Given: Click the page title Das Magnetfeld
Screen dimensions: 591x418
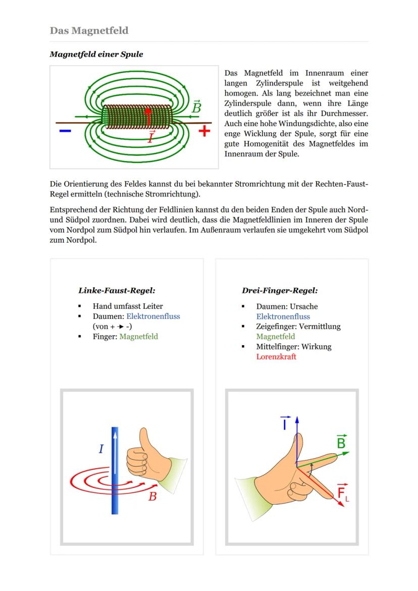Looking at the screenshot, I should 89,31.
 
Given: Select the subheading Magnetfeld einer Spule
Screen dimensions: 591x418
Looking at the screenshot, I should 96,55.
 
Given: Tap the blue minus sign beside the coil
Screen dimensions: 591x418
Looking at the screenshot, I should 65,131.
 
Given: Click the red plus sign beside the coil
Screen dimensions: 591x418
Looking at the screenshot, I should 204,131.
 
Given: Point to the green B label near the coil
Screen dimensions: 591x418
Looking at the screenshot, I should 196,108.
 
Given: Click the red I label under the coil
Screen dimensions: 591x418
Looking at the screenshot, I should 151,137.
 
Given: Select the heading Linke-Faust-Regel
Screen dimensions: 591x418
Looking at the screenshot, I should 116,291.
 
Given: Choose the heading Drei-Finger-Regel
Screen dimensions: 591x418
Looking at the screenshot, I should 280,291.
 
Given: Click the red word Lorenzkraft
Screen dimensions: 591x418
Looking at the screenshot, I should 276,357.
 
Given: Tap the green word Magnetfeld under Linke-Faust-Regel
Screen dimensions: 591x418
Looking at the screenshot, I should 138,337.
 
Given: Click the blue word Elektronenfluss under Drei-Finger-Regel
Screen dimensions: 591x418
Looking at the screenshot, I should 283,316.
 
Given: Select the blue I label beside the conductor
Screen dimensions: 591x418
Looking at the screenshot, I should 101,449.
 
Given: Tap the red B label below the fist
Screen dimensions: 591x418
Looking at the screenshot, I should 152,497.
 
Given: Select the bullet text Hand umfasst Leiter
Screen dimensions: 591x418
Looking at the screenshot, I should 127,306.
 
